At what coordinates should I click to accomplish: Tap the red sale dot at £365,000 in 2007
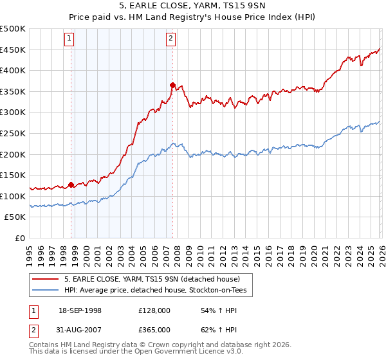[172, 85]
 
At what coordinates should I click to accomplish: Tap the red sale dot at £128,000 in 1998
[71, 184]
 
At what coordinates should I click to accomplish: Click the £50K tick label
[15, 217]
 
